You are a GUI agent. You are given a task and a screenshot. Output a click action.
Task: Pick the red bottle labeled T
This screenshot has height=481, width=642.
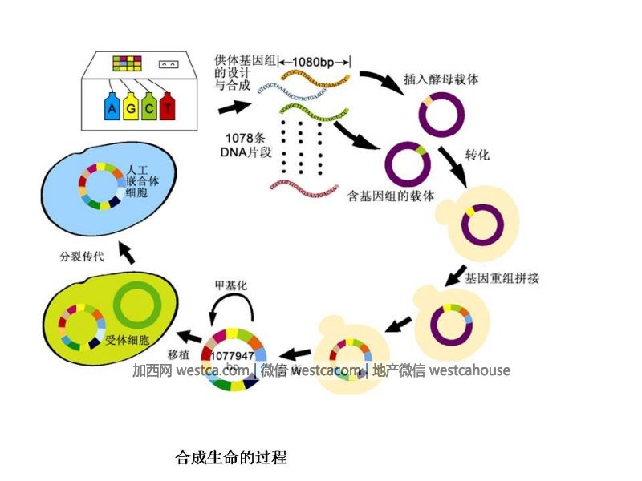tap(167, 106)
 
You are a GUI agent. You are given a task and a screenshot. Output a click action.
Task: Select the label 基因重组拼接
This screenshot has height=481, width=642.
tap(502, 278)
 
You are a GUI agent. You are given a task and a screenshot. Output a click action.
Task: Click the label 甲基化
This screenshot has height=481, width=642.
tap(232, 285)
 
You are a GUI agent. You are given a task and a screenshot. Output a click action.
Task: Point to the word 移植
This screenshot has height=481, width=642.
tap(178, 354)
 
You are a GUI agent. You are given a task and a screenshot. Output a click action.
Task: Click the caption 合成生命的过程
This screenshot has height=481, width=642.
tap(231, 459)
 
